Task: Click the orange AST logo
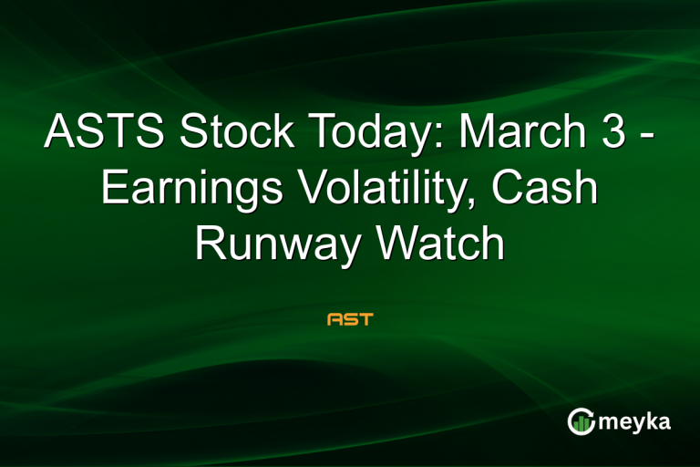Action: coord(350,320)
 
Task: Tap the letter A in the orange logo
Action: coord(335,320)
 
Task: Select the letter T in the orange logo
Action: coord(365,320)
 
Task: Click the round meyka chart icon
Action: coord(581,420)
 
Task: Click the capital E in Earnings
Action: coord(113,190)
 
